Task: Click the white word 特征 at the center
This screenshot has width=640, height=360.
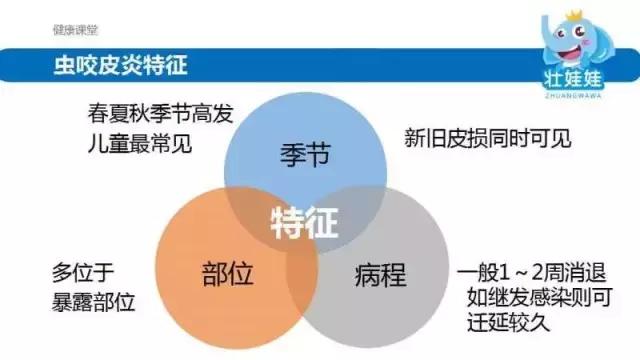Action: [304, 222]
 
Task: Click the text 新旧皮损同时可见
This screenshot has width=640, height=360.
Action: [488, 138]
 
